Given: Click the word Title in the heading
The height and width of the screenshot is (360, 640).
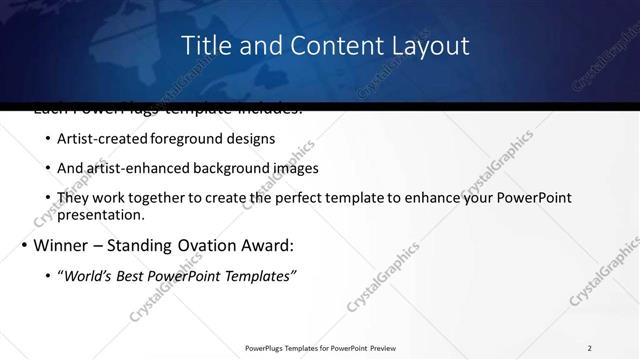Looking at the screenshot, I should tap(207, 45).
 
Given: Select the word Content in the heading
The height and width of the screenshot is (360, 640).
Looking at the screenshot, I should tap(320, 45).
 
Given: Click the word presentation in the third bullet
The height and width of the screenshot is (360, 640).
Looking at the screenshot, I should tap(101, 214).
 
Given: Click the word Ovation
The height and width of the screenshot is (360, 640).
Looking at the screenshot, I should tap(215, 245).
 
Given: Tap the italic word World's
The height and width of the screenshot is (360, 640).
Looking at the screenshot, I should tap(88, 275).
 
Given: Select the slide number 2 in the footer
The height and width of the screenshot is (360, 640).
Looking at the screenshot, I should tap(590, 348).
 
